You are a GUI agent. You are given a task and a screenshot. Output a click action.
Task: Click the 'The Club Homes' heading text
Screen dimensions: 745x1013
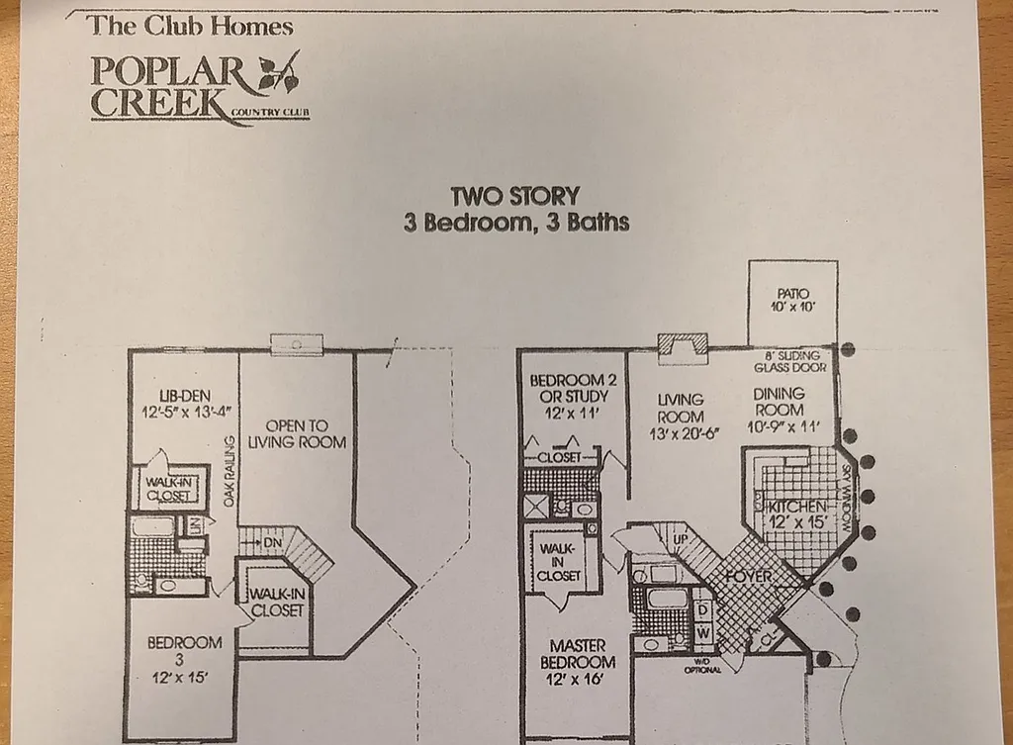tap(190, 26)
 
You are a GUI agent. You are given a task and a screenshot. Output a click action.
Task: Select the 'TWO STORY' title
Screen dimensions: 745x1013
tap(514, 196)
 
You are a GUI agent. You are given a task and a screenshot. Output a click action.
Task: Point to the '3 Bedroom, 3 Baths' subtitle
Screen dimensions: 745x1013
tap(515, 222)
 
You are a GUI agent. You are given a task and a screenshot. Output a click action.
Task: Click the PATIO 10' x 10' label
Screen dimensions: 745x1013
tap(792, 301)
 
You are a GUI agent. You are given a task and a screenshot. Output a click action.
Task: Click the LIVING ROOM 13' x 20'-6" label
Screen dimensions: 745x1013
tap(681, 417)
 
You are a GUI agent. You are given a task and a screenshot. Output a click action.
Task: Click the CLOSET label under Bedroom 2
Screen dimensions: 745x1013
tap(559, 458)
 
